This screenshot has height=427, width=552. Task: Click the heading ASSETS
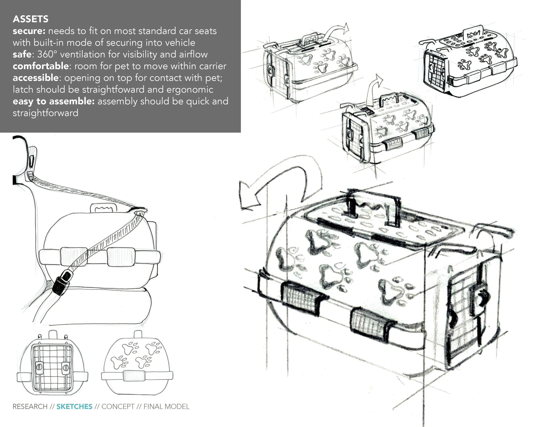pos(31,19)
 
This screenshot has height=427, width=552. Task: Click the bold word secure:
pos(29,31)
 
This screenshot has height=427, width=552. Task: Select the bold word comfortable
pos(40,66)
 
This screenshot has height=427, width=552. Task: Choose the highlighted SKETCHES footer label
pos(74,406)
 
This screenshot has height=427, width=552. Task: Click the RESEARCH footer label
pos(30,406)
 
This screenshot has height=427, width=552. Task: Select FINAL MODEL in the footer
pos(166,406)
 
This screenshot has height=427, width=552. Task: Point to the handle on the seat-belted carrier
pos(104,208)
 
